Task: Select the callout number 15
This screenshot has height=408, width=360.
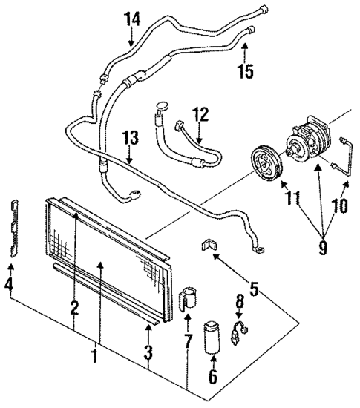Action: (x=246, y=71)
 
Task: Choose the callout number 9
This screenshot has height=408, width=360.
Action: (x=322, y=245)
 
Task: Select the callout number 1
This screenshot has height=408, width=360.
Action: (x=95, y=356)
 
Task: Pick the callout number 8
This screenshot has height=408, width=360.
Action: (x=239, y=302)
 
